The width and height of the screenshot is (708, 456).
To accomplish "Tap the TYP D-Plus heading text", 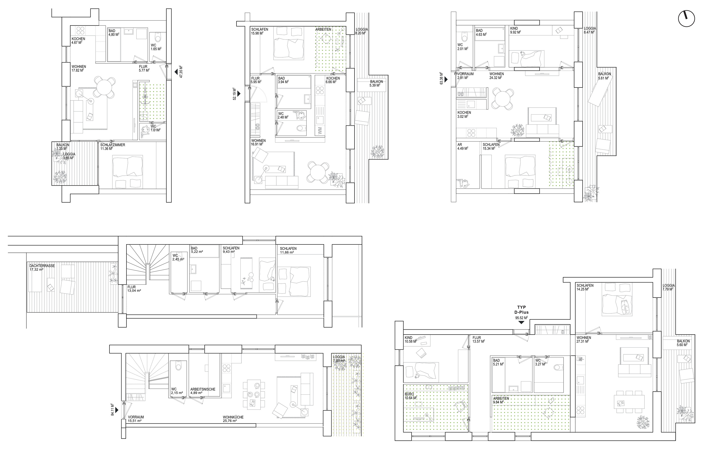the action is coord(521,310).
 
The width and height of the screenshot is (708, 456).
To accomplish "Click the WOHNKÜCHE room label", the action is coord(233,417).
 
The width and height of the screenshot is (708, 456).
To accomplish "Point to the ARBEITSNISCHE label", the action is coord(203,389).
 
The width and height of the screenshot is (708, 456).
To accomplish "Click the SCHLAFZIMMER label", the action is coord(113,145).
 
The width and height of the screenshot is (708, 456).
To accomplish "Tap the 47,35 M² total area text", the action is coord(181,72).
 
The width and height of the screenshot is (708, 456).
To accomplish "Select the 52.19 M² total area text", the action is coord(234,94).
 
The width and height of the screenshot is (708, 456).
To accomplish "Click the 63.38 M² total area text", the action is coord(442,79).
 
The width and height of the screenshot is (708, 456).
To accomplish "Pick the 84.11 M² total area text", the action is coord(113,410).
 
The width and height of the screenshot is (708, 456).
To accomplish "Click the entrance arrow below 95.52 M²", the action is coord(522,323).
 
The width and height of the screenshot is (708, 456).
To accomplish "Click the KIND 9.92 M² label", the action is coord(515,33).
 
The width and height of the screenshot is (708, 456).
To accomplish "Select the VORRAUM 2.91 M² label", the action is coord(465,76).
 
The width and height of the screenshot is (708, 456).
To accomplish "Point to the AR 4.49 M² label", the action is coord(463,147).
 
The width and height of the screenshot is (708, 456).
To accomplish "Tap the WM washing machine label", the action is coord(320,131).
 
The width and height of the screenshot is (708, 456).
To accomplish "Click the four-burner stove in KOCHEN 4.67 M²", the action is coord(81,30).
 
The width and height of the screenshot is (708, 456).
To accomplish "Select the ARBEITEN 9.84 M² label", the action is coord(501,400).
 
